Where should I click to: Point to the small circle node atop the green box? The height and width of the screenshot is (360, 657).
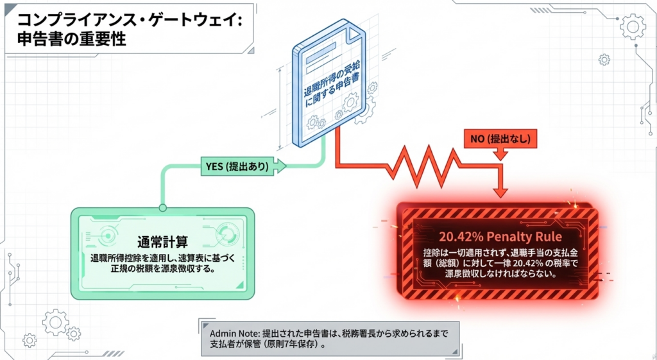click(x=163, y=207)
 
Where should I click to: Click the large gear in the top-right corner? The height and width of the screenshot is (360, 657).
click(x=633, y=26)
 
